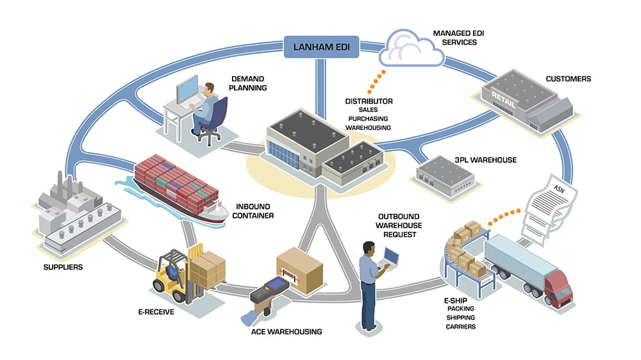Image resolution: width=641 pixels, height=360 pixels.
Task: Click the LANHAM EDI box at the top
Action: click(320, 47)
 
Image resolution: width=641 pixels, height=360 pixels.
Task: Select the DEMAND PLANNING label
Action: click(249, 83)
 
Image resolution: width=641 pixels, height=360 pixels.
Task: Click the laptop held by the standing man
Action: click(390, 259)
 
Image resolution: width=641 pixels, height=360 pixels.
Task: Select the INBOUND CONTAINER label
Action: click(252, 211)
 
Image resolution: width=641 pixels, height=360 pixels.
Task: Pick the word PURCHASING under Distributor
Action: click(369, 119)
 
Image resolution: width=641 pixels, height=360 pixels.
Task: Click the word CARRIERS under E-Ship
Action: click(461, 327)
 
